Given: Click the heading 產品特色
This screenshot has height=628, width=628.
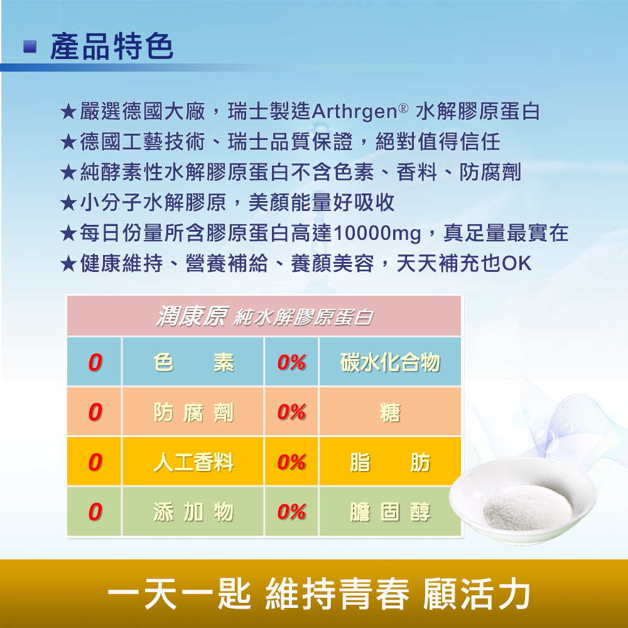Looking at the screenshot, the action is [111, 46].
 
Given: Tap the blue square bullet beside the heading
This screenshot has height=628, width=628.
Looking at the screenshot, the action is [30, 46].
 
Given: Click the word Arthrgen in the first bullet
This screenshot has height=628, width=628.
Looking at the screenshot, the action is [354, 112].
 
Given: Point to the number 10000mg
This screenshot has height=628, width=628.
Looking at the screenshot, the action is [377, 234].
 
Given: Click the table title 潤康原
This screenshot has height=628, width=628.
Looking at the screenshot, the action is [192, 316].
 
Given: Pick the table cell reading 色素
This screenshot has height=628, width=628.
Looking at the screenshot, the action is [193, 362].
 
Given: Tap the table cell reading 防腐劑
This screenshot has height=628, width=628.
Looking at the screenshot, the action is [193, 412].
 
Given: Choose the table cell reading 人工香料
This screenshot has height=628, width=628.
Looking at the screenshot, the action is [193, 462].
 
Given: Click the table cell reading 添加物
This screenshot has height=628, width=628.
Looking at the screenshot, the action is [193, 511].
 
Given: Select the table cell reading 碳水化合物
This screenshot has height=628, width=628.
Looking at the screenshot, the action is [390, 362].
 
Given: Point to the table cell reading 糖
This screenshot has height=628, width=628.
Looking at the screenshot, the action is [390, 412].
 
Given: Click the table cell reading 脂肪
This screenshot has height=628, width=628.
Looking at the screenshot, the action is [390, 462].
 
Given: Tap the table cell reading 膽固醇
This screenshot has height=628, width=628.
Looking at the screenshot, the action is [390, 511].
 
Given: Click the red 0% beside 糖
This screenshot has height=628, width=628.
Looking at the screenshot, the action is [291, 412].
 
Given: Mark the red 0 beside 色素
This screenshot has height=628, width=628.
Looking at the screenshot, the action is [95, 362].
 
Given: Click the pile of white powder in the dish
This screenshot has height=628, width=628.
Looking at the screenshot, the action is [527, 508].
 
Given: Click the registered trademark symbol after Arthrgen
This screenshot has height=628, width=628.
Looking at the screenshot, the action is [403, 108].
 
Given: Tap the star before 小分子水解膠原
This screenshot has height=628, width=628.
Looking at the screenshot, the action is [68, 203].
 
